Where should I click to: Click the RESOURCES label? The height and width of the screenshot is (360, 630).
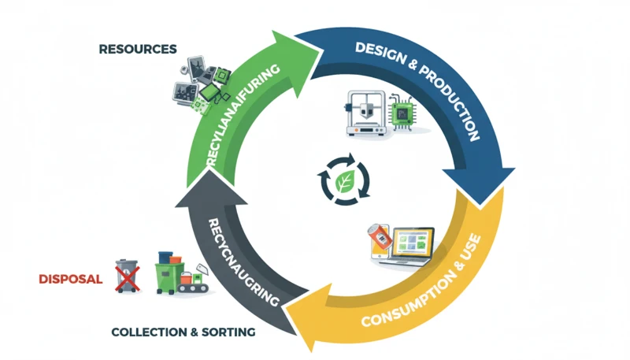click(138, 49)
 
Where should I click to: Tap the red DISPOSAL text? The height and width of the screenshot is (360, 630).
click(72, 279)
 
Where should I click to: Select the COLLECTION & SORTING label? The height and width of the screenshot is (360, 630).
click(183, 332)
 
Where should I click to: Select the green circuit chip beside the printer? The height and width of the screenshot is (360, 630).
click(404, 117)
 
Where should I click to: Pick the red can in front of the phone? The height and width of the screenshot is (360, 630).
click(380, 238)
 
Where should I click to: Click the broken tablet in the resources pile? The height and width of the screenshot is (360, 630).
click(188, 70)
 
